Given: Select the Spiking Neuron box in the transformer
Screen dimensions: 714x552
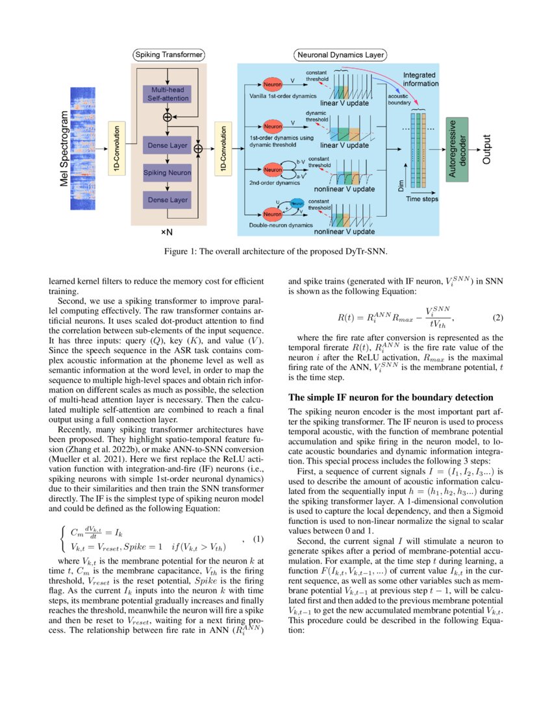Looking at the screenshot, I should [x=168, y=173].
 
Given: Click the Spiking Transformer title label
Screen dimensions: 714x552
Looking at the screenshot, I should [x=169, y=55].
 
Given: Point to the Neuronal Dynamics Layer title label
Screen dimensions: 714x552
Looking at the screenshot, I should [x=340, y=55].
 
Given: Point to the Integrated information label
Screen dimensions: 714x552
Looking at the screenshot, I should [x=420, y=79].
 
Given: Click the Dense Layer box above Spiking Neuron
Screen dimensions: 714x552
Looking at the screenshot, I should [x=168, y=145].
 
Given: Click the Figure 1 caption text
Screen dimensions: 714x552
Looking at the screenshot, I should [x=276, y=252].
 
